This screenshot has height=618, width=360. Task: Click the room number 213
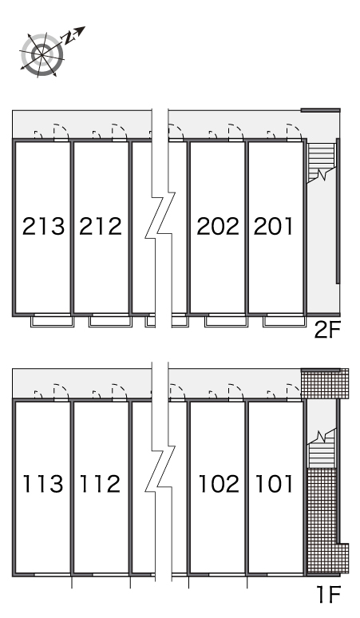43,226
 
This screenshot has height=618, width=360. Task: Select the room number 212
101,226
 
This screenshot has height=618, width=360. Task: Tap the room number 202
218,226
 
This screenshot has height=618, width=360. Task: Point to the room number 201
273,226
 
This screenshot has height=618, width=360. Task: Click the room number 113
42,484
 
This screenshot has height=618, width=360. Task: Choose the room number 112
100,484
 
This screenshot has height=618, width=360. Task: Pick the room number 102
219,484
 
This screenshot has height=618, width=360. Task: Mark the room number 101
275,484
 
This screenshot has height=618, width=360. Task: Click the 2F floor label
327,331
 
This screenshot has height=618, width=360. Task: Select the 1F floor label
329,595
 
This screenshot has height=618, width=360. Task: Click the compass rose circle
42,54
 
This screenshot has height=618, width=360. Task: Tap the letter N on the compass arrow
69,37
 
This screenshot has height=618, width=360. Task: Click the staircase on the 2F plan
322,162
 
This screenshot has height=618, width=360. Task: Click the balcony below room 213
53,321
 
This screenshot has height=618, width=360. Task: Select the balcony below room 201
284,321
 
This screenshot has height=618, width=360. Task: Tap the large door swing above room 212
120,132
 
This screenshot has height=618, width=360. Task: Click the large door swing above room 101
294,391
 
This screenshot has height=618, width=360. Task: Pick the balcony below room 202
226,321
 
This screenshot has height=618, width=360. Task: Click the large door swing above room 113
61,391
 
